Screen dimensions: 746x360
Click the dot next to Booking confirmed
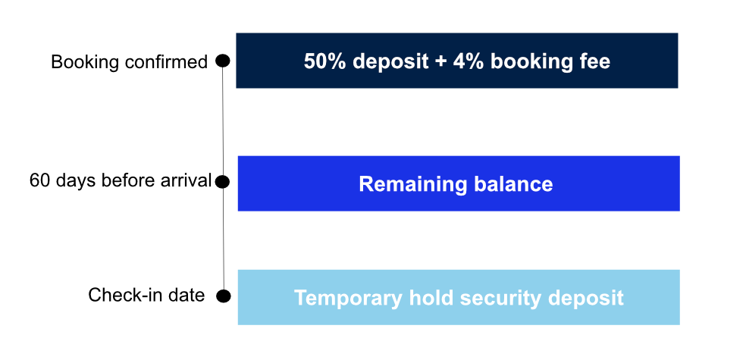pyautogui.click(x=223, y=61)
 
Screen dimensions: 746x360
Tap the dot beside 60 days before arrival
pyautogui.click(x=223, y=182)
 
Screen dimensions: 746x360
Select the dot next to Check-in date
pyautogui.click(x=224, y=296)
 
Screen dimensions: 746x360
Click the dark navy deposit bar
pyautogui.click(x=456, y=61)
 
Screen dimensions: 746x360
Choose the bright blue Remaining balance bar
pyautogui.click(x=459, y=183)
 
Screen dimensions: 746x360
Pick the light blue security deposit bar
pyautogui.click(x=459, y=297)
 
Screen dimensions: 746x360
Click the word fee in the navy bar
pyautogui.click(x=594, y=61)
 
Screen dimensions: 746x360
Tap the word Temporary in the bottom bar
pyautogui.click(x=348, y=298)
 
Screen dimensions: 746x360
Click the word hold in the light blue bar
pyautogui.click(x=431, y=298)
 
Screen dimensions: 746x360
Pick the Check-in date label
pyautogui.click(x=146, y=295)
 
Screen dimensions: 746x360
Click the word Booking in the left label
pyautogui.click(x=90, y=62)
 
